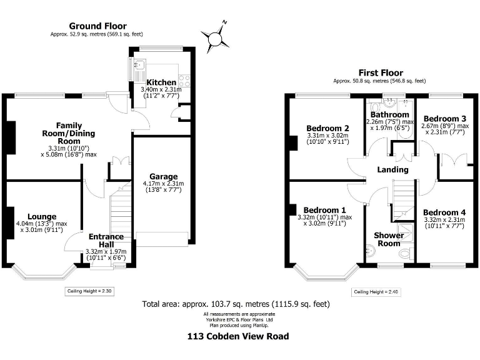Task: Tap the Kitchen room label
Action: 160,82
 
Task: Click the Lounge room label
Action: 42,216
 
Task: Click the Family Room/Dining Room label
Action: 69,133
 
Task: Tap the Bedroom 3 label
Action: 444,119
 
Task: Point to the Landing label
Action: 393,169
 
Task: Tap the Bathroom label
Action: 389,114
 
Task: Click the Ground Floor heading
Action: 97,26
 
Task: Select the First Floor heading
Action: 380,73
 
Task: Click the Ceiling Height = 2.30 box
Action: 89,291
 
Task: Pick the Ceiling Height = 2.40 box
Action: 376,292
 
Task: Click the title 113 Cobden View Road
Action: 239,336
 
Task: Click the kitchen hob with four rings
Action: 184,79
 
